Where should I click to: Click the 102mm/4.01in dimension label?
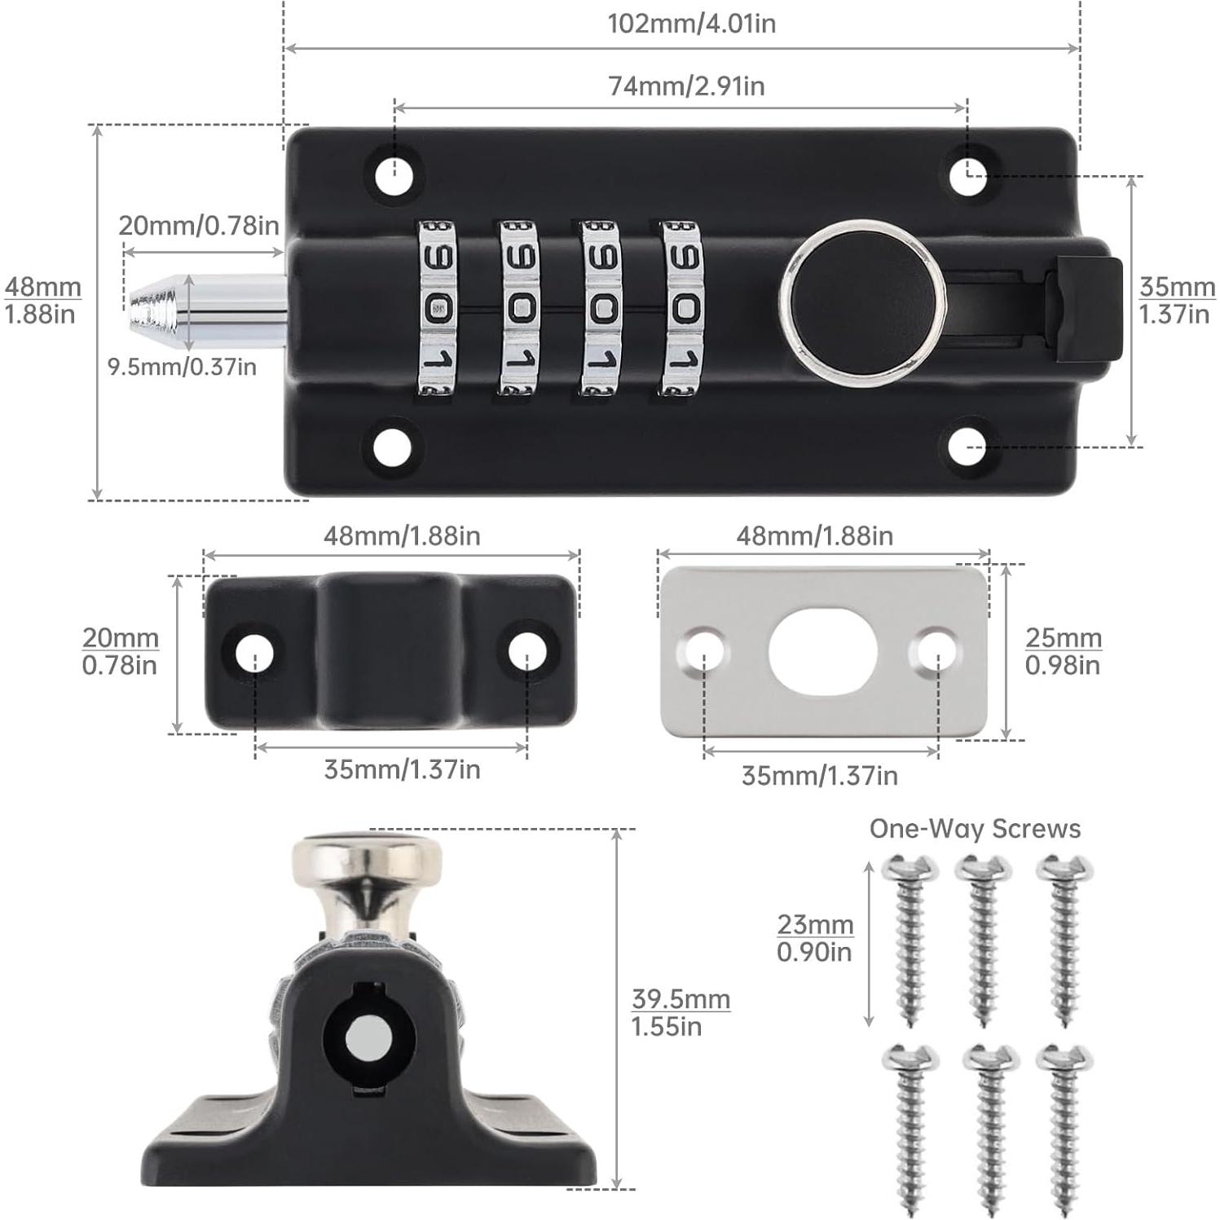(691, 24)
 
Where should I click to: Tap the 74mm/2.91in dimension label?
(686, 86)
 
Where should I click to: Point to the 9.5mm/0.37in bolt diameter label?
(182, 367)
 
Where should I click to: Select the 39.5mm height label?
(680, 1012)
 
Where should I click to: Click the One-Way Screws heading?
(975, 829)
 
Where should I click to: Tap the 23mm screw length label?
(814, 937)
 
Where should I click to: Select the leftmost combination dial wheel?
(438, 308)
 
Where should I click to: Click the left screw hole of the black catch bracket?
(254, 652)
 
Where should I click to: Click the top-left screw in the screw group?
(908, 937)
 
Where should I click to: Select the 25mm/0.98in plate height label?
(1063, 651)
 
